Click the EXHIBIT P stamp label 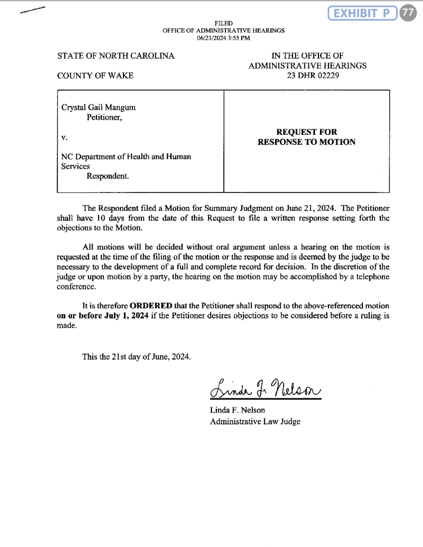(x=362, y=14)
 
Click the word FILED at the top (x=223, y=23)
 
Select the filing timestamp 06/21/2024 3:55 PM (x=223, y=37)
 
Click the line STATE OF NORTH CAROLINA (x=116, y=56)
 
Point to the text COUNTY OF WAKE (x=95, y=76)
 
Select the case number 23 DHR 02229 (x=307, y=76)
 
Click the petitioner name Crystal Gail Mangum (x=98, y=107)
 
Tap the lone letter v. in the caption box (x=64, y=137)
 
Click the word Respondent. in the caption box (x=107, y=176)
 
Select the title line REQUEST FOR (x=307, y=132)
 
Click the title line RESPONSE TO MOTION (x=307, y=142)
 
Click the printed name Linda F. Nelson (x=237, y=410)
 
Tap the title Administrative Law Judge (x=255, y=421)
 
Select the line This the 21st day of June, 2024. (x=136, y=357)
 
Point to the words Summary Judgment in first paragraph (x=220, y=208)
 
